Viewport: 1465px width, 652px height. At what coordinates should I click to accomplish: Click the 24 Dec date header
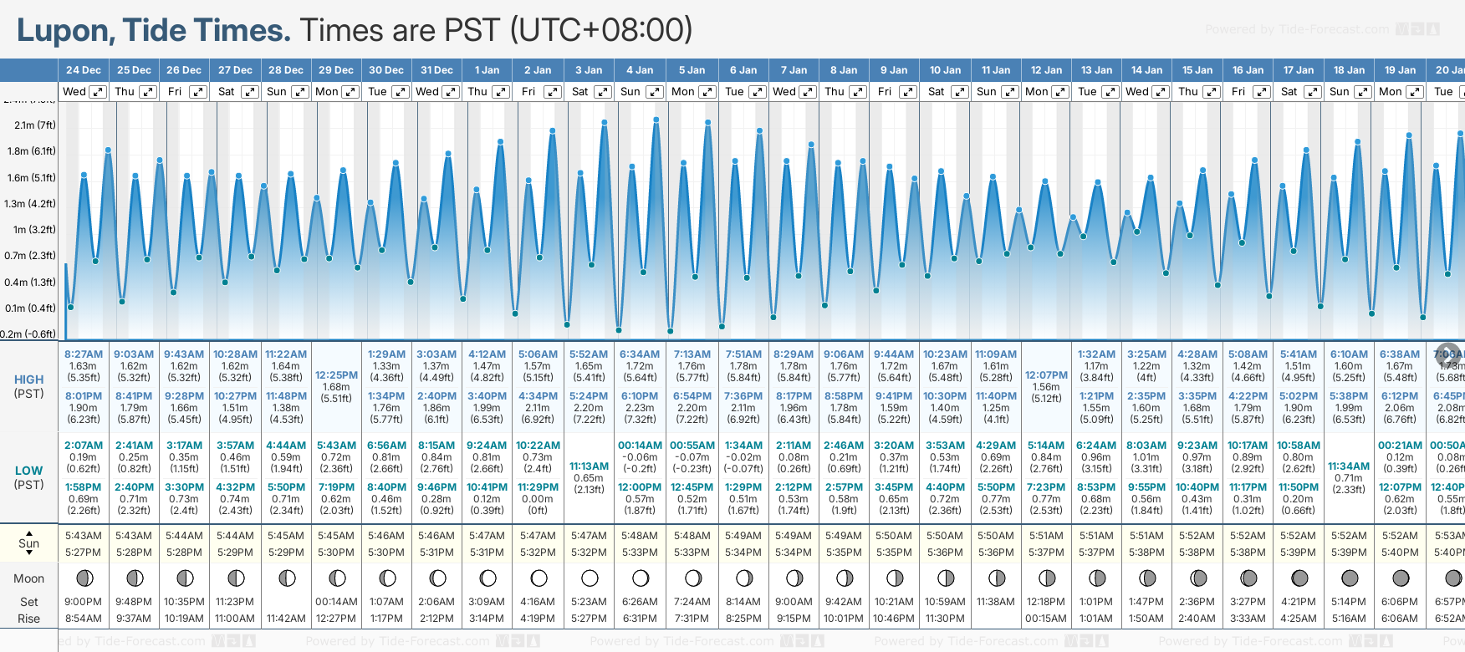(x=84, y=70)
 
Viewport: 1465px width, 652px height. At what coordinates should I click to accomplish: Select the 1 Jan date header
(x=487, y=70)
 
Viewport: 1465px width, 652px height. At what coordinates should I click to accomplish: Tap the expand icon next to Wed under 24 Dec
(x=98, y=92)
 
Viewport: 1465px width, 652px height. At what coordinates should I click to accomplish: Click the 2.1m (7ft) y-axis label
(x=35, y=125)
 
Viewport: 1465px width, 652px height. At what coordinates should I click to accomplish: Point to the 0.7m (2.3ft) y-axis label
(x=30, y=256)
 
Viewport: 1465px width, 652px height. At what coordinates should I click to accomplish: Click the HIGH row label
(x=28, y=379)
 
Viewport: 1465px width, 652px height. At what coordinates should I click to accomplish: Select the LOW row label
(x=28, y=471)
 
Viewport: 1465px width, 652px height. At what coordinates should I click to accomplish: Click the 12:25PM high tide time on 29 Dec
(x=336, y=375)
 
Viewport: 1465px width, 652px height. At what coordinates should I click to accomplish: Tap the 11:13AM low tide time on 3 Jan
(x=589, y=466)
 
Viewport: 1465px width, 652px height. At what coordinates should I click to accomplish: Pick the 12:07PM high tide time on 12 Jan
(x=1046, y=375)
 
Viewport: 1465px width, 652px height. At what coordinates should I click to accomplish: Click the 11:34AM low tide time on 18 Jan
(x=1349, y=466)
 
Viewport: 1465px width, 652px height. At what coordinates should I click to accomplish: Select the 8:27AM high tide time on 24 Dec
(x=84, y=354)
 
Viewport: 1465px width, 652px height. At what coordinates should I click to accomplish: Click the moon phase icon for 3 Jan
(x=590, y=578)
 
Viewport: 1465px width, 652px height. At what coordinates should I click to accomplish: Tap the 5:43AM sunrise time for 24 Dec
(x=84, y=536)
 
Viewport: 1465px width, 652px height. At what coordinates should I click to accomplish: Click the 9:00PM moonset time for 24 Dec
(x=84, y=602)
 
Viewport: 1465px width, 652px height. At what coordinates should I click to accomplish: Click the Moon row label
(x=28, y=578)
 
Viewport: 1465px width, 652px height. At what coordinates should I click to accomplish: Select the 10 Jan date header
(x=945, y=70)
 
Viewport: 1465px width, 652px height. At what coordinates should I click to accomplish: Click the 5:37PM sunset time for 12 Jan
(x=1046, y=553)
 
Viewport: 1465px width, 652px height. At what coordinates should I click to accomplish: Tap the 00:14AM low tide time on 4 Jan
(x=640, y=446)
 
